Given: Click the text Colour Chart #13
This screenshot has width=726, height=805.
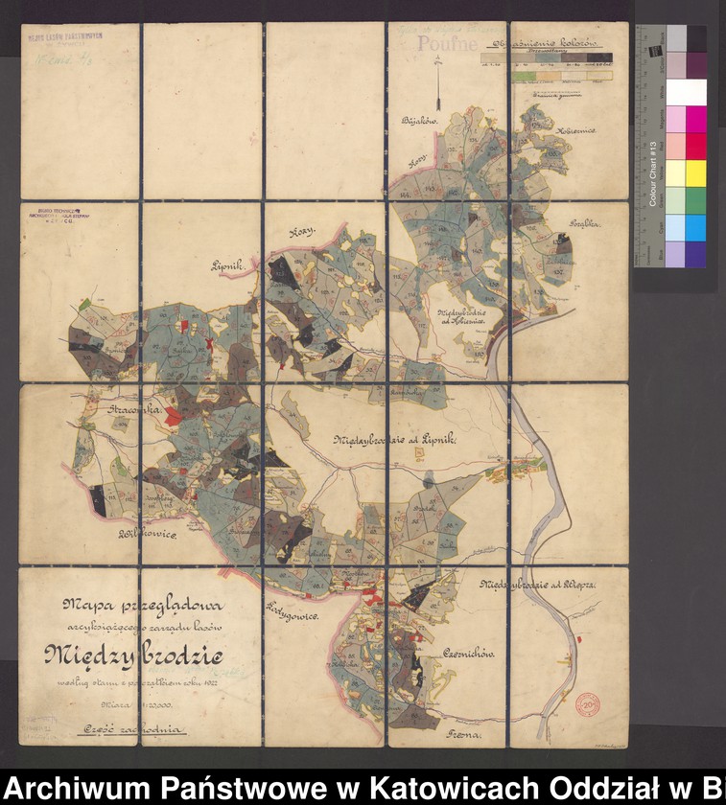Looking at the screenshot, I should tap(653, 173).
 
